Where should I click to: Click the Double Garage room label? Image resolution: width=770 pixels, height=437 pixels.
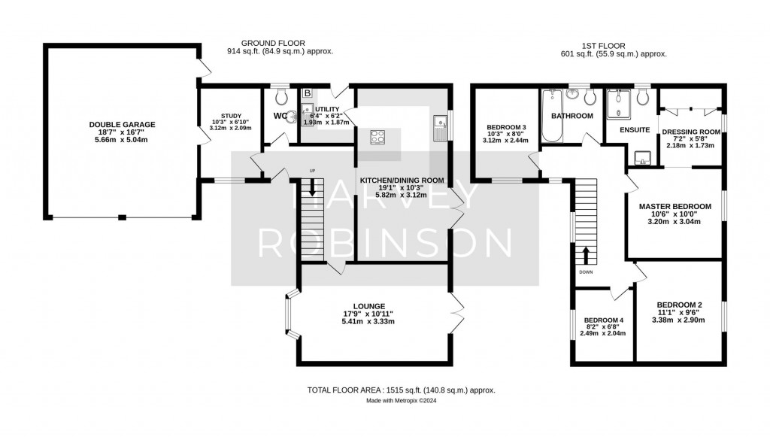[122, 125]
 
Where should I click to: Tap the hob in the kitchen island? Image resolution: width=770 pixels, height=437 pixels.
[377, 137]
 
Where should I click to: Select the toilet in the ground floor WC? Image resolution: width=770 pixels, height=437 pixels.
[281, 96]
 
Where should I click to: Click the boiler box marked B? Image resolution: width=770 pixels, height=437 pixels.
[308, 93]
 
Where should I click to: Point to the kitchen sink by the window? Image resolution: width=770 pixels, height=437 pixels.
[438, 129]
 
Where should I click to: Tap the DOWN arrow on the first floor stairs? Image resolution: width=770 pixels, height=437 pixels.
[585, 255]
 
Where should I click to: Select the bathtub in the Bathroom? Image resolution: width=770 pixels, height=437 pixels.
[552, 115]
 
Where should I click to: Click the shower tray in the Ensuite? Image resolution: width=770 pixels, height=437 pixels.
[618, 104]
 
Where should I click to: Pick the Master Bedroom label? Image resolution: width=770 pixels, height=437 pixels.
[675, 207]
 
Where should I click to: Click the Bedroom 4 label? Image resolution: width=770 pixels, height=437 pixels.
[604, 320]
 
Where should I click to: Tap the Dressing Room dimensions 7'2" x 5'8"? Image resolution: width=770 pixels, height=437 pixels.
[690, 139]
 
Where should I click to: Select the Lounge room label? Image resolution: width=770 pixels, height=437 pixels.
[368, 306]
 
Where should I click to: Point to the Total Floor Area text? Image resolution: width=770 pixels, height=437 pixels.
[402, 390]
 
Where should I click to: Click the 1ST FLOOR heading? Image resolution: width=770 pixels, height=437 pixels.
[603, 46]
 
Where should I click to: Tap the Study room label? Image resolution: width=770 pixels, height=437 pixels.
[232, 116]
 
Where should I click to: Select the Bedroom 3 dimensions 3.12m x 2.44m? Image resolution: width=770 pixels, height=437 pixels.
[505, 141]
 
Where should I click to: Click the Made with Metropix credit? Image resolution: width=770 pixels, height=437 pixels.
[402, 401]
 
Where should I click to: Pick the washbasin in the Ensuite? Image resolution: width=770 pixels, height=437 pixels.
[642, 158]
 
